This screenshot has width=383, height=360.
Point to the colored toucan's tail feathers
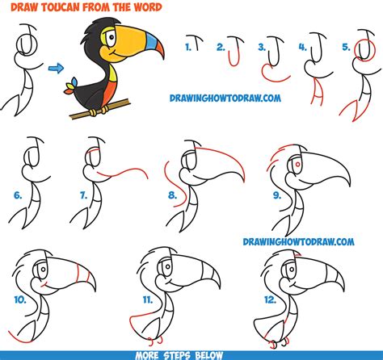[76, 83]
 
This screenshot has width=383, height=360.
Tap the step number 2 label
[221, 48]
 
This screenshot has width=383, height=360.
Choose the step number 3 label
[261, 48]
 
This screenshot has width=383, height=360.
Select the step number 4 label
[301, 48]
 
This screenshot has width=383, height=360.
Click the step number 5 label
[345, 48]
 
